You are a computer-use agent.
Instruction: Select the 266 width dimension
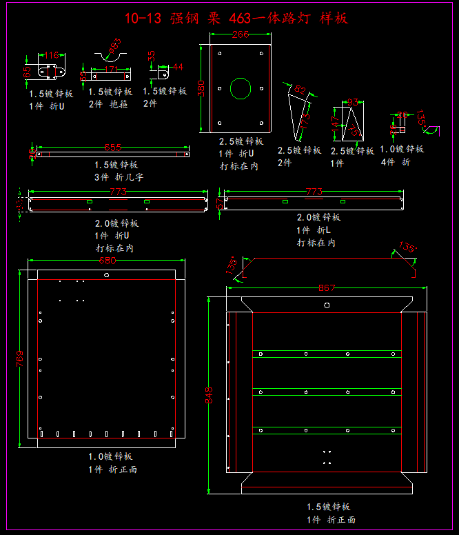[241, 34]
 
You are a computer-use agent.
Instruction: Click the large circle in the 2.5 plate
[241, 89]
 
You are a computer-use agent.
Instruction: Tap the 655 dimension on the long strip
[113, 147]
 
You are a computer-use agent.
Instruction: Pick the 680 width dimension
[107, 261]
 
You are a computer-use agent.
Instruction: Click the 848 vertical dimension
[210, 394]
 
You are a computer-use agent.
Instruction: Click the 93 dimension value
[352, 102]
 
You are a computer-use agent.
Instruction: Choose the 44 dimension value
[177, 67]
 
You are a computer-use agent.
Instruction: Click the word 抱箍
[119, 104]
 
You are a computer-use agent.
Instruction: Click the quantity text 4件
[387, 162]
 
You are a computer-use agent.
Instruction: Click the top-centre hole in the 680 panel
[106, 274]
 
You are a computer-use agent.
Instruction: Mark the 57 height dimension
[221, 203]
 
